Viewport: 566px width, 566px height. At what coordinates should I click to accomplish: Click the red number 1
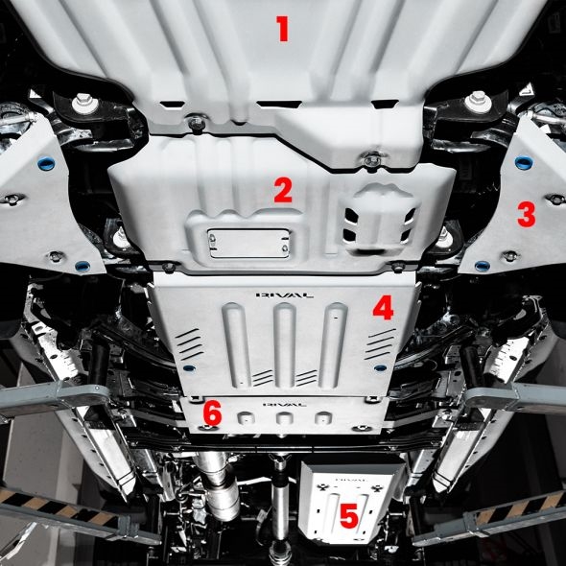pos(283,29)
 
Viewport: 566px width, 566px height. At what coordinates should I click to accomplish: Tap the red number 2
pos(283,190)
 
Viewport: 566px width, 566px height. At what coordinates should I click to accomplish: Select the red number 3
pos(527,214)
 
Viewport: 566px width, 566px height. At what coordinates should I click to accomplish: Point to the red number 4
pos(383,308)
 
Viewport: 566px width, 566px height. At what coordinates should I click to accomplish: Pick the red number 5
pos(348,515)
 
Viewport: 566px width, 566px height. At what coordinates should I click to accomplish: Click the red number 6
pos(212,413)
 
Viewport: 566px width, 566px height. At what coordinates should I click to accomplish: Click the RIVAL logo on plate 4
pos(285,295)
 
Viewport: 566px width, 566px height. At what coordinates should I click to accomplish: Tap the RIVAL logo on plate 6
pos(285,405)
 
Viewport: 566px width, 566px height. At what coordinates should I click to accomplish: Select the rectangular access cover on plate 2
pos(249,244)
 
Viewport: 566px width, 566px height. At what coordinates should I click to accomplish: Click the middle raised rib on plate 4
pos(285,344)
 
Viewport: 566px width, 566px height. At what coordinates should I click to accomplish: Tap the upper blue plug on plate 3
pos(524,163)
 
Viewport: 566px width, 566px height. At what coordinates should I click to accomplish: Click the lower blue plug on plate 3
pos(483,266)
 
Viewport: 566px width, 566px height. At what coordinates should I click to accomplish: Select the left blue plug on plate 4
pos(189,368)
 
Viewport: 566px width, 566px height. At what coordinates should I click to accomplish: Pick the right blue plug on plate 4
pos(380,368)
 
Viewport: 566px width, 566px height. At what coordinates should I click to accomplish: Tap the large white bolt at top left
pos(84,103)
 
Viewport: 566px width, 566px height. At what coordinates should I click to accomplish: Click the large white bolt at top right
pos(478,102)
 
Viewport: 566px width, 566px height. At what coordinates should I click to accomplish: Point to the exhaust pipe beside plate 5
pos(219,483)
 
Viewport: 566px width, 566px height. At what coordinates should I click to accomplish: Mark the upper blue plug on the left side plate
pos(46,164)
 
